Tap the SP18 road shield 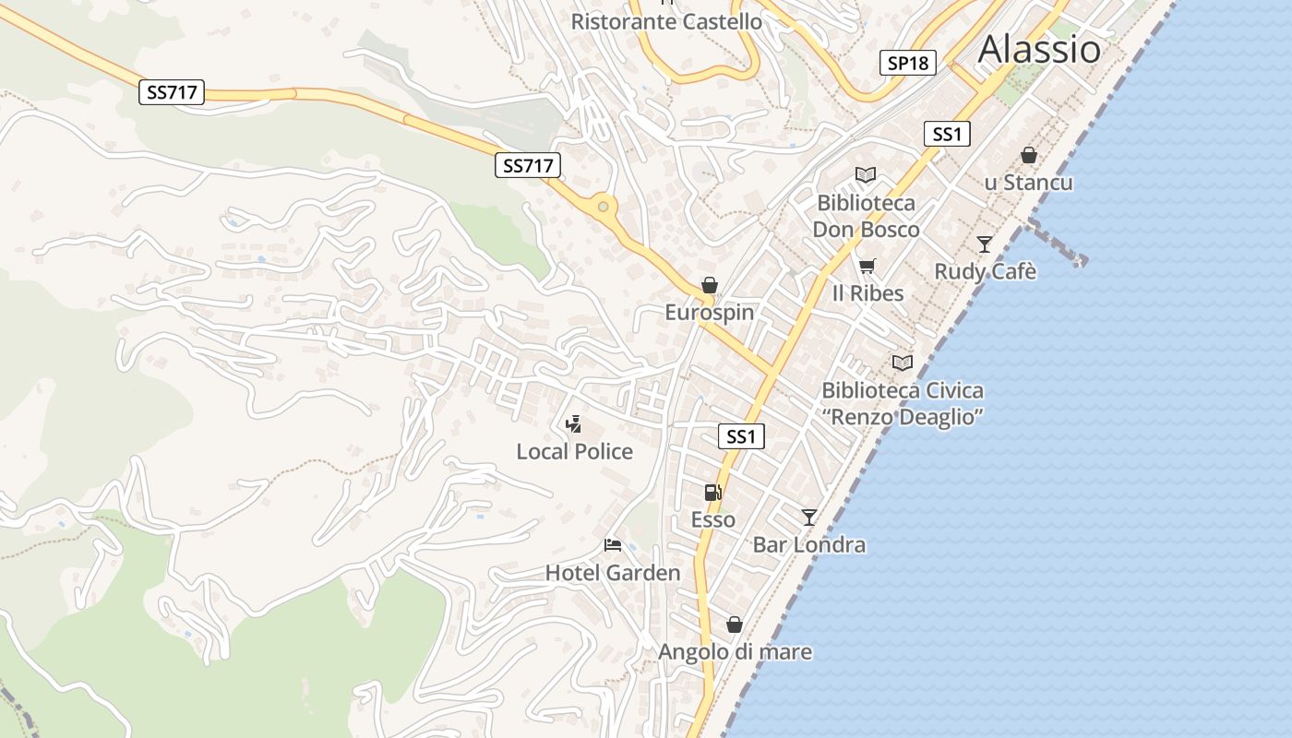coord(907,63)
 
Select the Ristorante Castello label coord(666,21)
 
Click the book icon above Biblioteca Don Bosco coord(865,174)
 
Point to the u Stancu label coord(1028,183)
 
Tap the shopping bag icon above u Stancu coord(1028,155)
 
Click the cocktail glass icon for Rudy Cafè coord(985,244)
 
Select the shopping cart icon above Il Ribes coord(867,267)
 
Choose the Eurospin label coord(710,313)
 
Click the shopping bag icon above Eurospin coord(709,285)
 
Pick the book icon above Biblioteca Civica coord(902,363)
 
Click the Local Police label coord(574,452)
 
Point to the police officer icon coord(574,424)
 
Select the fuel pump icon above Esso coord(712,493)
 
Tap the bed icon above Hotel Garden coord(612,545)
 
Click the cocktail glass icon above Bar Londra coord(809,518)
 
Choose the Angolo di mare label coord(735,652)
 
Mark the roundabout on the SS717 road coord(603,207)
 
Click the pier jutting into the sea coord(1057,242)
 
